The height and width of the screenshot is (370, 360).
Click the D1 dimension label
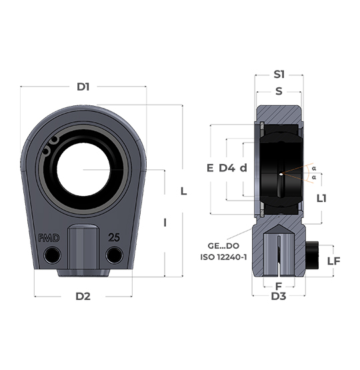83,87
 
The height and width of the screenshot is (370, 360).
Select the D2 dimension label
83,296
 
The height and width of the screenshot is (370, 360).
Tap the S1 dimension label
279,75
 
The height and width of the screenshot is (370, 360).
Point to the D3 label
279,296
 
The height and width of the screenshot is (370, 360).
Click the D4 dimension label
227,168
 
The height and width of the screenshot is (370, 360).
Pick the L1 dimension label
321,199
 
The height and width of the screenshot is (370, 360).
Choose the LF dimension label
333,261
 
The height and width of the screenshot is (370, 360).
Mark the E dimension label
210,168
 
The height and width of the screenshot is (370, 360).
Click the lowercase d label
243,168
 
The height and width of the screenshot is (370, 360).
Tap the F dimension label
279,286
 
